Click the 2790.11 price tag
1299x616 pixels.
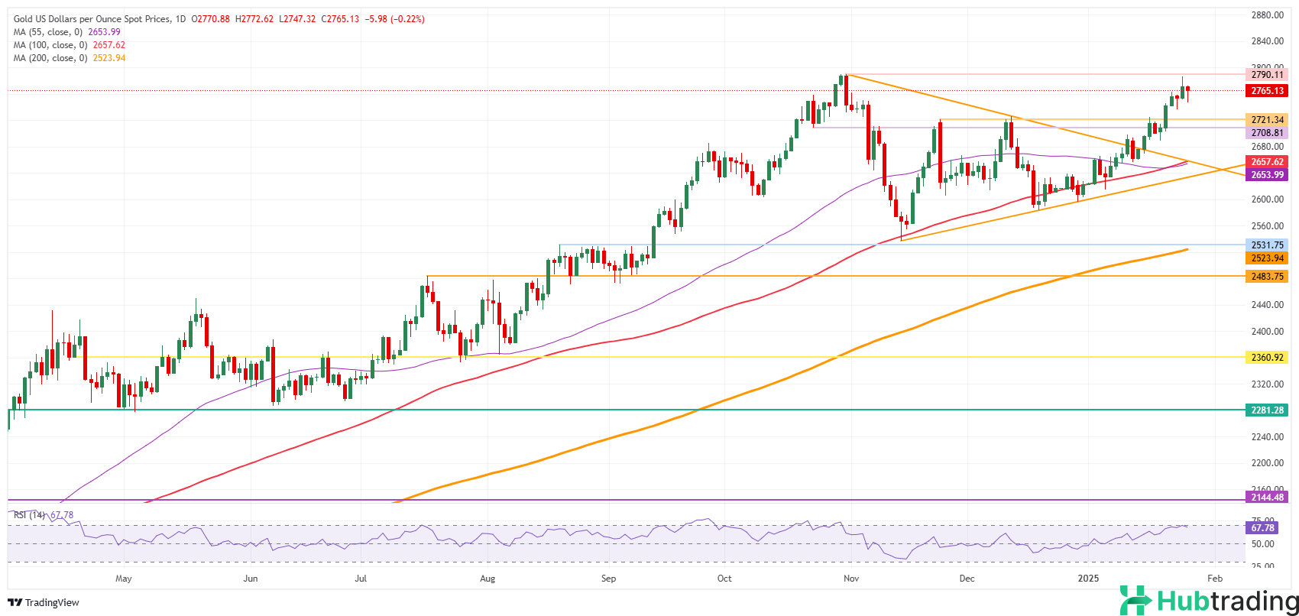1266,75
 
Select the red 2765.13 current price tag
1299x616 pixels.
1266,91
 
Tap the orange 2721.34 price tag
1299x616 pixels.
1266,120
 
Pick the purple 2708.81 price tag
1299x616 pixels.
1266,133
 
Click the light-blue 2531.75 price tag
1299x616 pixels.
1266,245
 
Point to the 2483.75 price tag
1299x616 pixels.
1266,276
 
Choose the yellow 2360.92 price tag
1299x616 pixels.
1266,357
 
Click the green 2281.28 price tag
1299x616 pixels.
1266,410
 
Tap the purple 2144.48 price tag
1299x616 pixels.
1266,498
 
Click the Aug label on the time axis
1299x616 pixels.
488,579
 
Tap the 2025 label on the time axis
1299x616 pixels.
1087,579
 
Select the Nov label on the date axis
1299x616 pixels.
851,579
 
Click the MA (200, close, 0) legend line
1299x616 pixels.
69,58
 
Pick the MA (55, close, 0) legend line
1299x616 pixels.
66,32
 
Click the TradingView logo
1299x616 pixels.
45,602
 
